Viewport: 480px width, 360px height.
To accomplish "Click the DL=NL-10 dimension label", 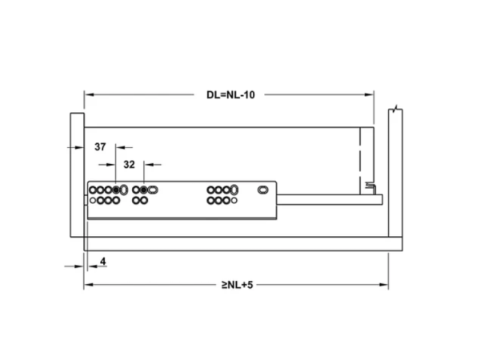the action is click(230, 95).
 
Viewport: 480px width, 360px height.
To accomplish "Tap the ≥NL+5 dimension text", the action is click(238, 285).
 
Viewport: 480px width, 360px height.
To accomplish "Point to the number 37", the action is click(100, 147).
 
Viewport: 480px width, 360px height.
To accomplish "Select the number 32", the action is click(129, 165).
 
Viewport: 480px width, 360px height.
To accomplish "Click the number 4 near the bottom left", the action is click(103, 262).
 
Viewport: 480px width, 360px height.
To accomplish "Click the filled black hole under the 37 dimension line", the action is click(116, 190).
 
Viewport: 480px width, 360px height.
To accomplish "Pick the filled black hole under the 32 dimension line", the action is click(143, 190).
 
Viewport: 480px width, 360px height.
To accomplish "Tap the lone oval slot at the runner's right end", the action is click(263, 190).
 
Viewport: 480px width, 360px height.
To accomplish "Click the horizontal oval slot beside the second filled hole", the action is click(153, 190).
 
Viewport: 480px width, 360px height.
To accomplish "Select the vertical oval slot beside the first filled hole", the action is click(124, 190).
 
